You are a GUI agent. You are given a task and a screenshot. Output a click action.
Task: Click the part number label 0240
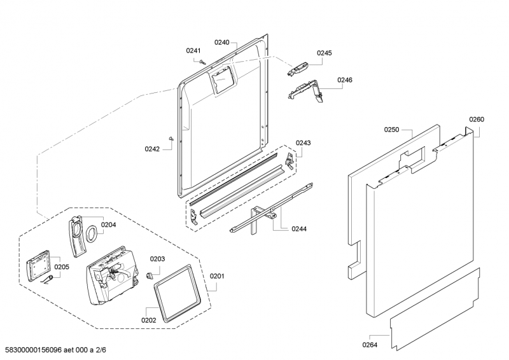(x=221, y=42)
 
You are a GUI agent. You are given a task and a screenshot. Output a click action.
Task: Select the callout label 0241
(x=193, y=51)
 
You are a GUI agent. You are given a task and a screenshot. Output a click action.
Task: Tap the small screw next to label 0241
(x=202, y=62)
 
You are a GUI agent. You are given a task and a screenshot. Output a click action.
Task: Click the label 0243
(x=303, y=143)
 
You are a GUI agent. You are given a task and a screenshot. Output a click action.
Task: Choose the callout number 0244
(x=299, y=229)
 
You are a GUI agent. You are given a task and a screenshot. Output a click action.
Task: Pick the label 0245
(x=324, y=53)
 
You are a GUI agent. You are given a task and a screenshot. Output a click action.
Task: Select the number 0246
(x=345, y=80)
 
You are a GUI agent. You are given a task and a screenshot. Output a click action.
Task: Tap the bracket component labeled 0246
(x=305, y=90)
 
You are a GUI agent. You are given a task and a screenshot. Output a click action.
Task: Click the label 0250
(x=391, y=130)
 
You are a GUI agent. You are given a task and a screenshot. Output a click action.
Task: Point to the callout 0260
(x=477, y=120)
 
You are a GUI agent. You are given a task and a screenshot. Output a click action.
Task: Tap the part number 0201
(x=217, y=276)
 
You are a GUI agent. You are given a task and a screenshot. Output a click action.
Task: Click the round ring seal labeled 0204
(x=93, y=233)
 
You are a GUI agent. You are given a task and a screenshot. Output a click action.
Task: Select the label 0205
(x=62, y=267)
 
